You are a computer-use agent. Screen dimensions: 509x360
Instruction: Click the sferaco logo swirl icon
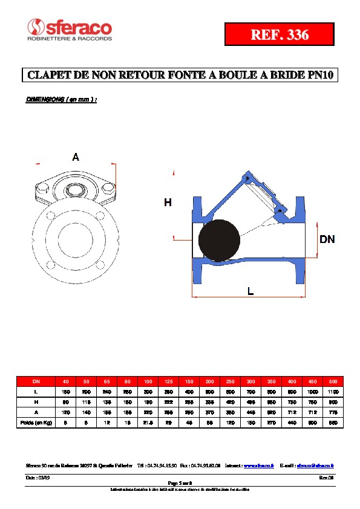pyautogui.click(x=36, y=27)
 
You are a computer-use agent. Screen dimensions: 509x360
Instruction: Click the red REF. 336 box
pyautogui.click(x=280, y=35)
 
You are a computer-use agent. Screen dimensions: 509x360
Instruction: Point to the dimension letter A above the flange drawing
pyautogui.click(x=76, y=158)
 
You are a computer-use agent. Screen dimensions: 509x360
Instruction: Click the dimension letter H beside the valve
pyautogui.click(x=168, y=203)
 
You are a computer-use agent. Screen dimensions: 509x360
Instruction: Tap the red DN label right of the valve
pyautogui.click(x=327, y=239)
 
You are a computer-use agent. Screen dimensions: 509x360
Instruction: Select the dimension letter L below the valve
pyautogui.click(x=250, y=291)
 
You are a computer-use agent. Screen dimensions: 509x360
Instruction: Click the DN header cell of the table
pyautogui.click(x=36, y=381)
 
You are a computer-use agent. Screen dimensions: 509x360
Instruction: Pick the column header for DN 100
pyautogui.click(x=148, y=381)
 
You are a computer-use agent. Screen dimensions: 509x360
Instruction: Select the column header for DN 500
pyautogui.click(x=332, y=381)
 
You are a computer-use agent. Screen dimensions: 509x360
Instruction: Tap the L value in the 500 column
pyautogui.click(x=332, y=392)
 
